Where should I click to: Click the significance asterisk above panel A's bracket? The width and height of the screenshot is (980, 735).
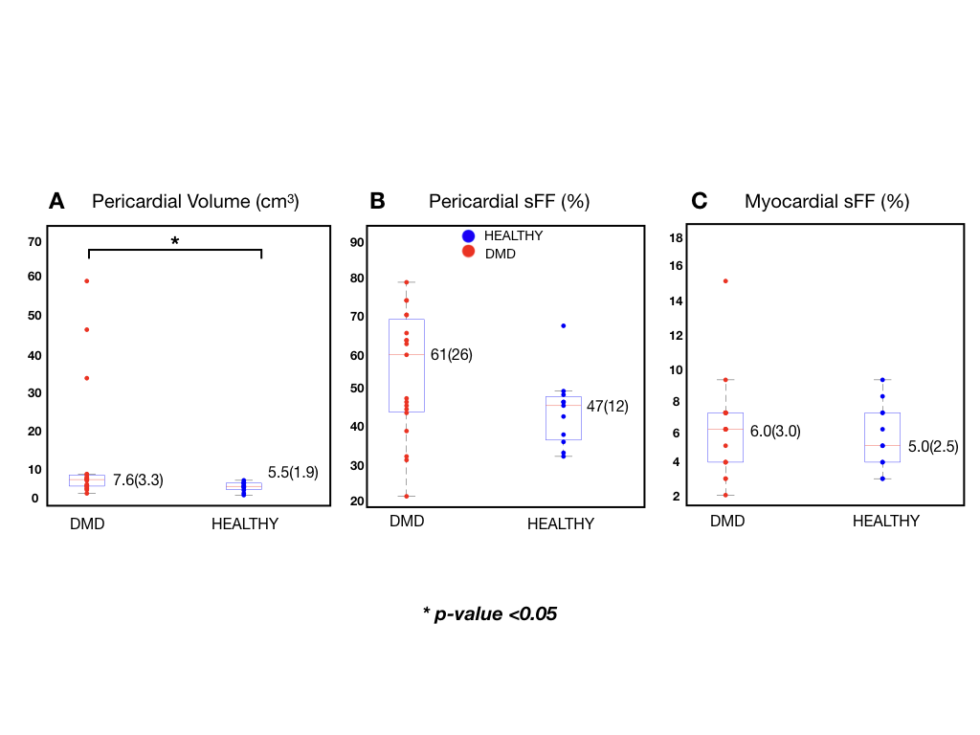(174, 242)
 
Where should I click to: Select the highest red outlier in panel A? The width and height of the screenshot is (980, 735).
(87, 280)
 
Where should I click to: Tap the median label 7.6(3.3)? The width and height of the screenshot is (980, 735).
(138, 480)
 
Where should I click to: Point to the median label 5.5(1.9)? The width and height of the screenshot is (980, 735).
(293, 472)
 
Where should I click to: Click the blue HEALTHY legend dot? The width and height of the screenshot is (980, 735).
(469, 235)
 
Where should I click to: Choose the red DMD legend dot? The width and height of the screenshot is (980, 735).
(469, 253)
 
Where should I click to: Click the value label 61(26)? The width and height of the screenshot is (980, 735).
(452, 354)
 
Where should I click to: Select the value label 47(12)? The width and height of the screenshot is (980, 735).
(607, 406)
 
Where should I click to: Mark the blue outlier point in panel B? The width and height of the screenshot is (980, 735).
(564, 325)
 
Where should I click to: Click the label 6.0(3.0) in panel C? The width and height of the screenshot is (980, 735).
(774, 431)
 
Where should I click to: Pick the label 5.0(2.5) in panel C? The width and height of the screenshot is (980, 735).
(932, 446)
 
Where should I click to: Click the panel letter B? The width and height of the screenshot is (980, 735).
(377, 201)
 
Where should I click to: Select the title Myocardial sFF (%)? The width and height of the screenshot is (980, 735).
(826, 201)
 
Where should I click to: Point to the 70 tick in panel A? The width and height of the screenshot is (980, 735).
(34, 241)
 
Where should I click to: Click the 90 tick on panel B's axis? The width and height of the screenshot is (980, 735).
(356, 242)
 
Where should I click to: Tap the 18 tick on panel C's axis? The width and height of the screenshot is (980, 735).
(676, 237)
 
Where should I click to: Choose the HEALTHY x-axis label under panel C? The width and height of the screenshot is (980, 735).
(885, 521)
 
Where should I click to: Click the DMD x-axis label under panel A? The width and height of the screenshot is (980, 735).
(87, 523)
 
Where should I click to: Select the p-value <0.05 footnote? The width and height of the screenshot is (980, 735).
(490, 613)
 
